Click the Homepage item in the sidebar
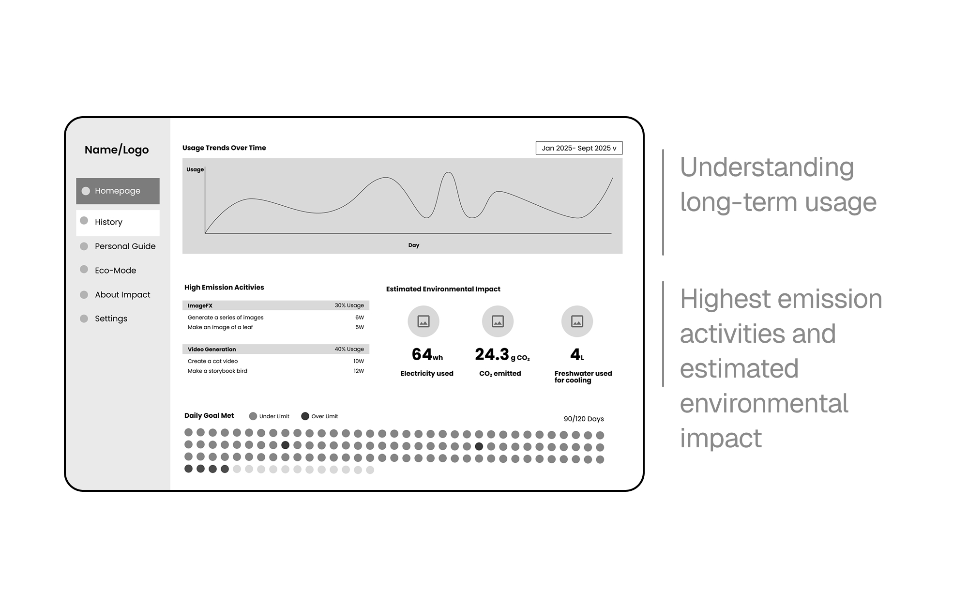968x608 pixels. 118,191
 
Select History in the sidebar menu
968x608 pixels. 118,222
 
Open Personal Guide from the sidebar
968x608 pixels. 125,246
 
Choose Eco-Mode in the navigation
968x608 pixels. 115,271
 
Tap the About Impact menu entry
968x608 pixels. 122,295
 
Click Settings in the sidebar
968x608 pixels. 111,319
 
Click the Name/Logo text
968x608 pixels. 117,150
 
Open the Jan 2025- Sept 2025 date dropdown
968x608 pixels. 579,148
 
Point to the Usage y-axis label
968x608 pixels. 195,170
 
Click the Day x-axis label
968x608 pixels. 413,245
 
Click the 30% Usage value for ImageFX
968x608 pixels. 349,305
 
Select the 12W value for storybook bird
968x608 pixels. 359,371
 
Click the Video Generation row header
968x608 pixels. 212,350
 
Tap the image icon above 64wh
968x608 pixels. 423,321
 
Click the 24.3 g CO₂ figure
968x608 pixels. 502,355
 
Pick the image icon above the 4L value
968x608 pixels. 577,321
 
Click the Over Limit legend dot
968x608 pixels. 305,416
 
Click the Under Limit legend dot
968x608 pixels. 253,416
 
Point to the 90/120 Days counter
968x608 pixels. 584,419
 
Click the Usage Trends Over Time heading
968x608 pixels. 224,148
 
